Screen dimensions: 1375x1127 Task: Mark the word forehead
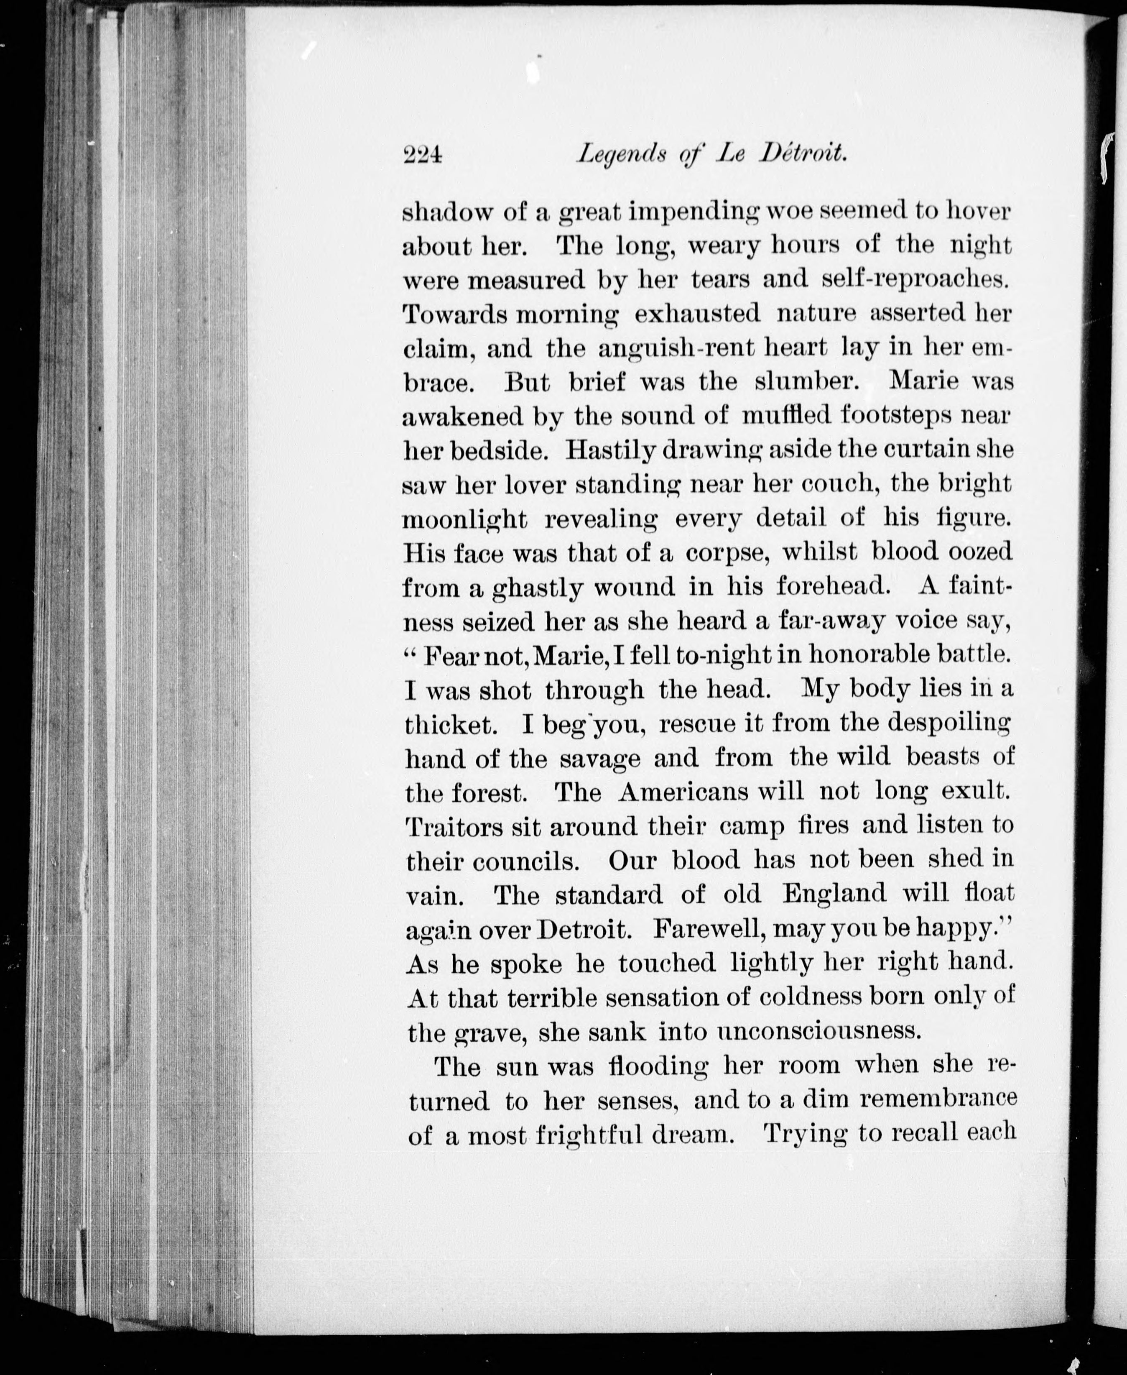tap(831, 586)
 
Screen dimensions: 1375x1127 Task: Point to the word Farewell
tap(703, 929)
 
